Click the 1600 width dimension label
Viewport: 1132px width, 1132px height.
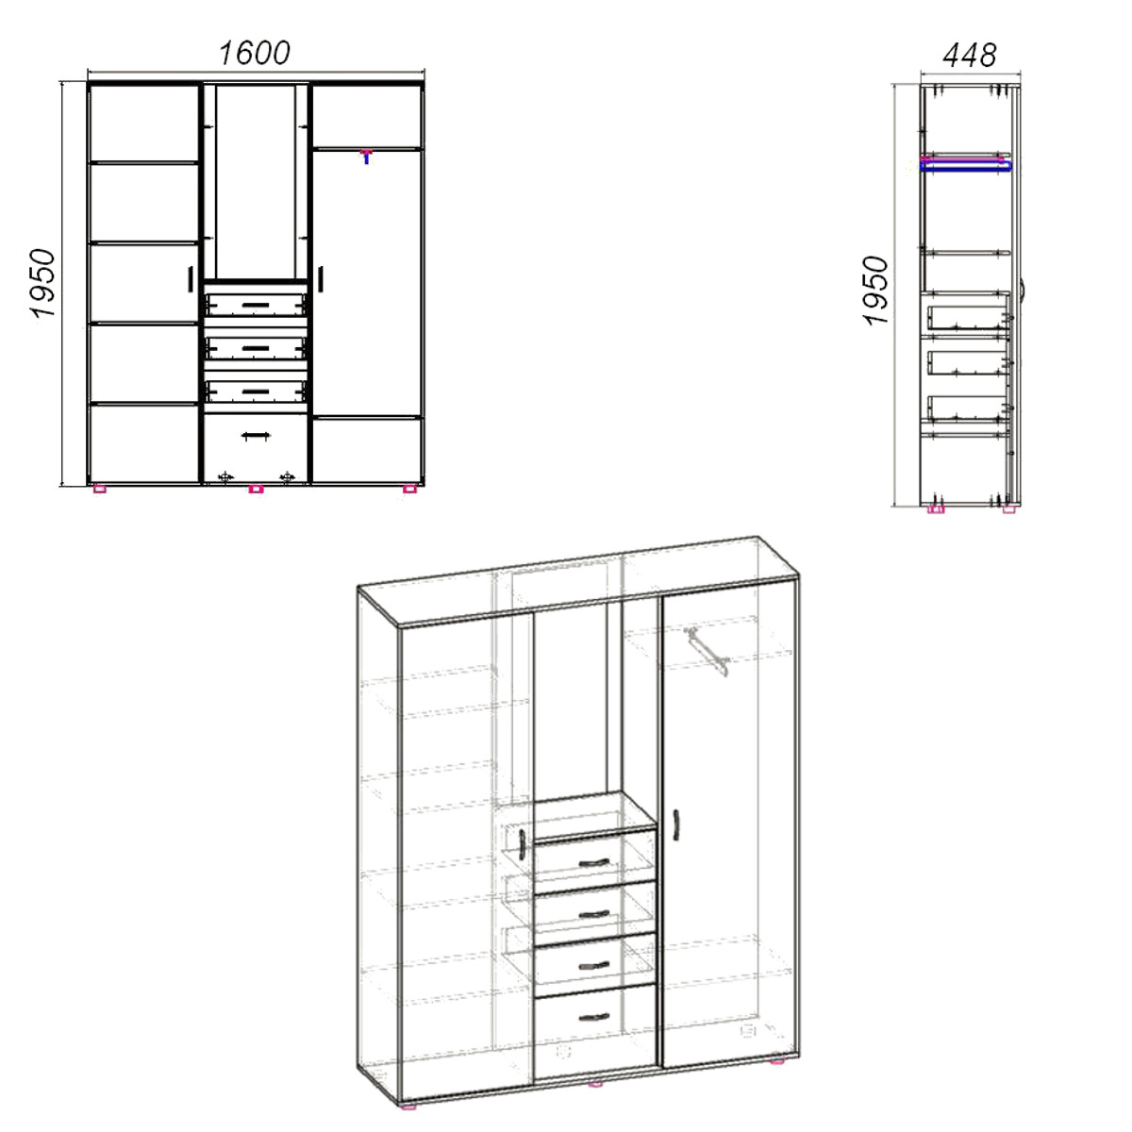coord(255,54)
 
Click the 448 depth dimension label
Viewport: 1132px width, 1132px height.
coord(970,56)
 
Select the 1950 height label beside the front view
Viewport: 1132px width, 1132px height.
coord(42,284)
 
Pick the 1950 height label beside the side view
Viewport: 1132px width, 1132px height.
coord(875,291)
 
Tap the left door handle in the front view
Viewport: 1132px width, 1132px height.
coord(191,279)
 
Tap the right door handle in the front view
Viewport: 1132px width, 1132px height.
coord(320,279)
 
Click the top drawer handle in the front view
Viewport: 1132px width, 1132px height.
coord(256,305)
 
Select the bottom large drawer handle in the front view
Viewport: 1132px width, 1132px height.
coord(257,436)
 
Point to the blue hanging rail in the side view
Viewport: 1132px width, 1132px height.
coord(966,167)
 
